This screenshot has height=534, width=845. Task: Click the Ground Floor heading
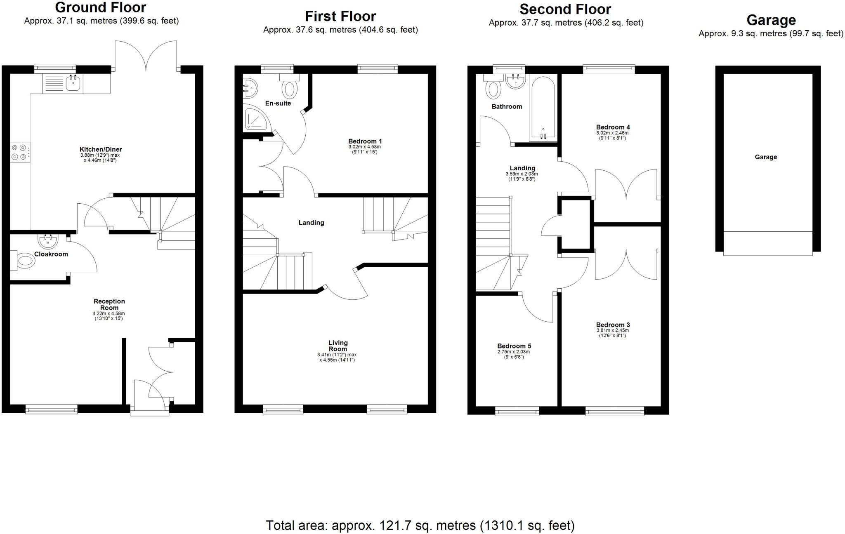pos(101,7)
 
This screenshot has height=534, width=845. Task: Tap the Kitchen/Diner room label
pos(101,149)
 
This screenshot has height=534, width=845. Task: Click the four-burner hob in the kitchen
pos(19,151)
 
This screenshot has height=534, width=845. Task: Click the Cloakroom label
pos(51,254)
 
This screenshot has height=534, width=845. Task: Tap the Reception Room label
pos(109,304)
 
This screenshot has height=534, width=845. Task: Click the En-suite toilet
pos(290,88)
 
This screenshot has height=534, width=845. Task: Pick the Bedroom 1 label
pos(365,141)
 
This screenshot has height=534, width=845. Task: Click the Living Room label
pos(338,346)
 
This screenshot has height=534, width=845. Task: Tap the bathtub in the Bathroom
pos(543,108)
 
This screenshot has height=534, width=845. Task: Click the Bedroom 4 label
pos(613,127)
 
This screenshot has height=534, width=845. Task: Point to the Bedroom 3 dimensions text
pos(613,333)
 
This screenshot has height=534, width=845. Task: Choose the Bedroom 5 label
pos(514,346)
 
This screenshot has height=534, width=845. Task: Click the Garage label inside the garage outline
pos(766,157)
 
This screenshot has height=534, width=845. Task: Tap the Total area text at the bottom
pos(420,525)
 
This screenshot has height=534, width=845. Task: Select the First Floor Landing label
pos(311,223)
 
